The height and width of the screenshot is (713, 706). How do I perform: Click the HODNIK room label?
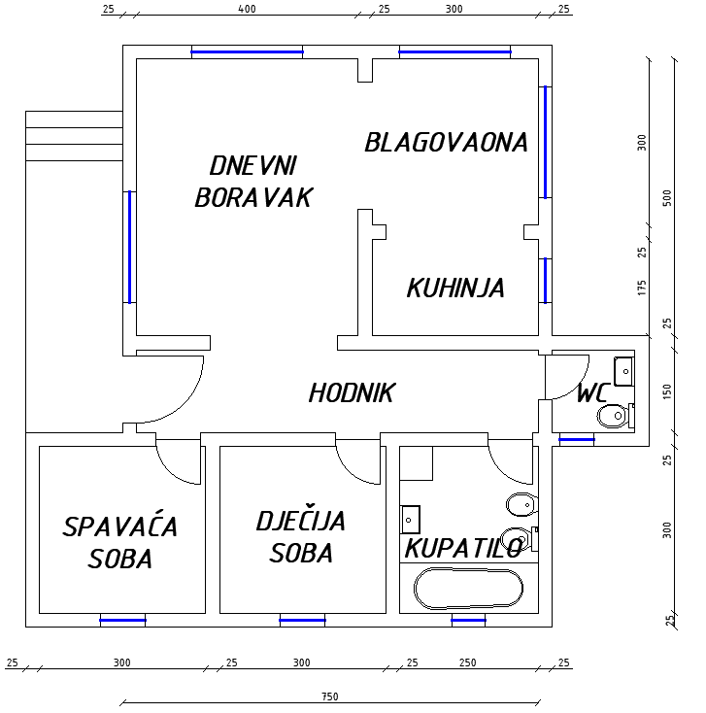[x=352, y=392]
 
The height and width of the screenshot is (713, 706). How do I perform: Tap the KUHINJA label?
[x=455, y=288]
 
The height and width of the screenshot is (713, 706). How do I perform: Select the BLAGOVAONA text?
[x=446, y=143]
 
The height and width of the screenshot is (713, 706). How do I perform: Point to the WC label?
[x=592, y=392]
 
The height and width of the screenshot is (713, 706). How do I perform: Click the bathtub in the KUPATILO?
[x=468, y=589]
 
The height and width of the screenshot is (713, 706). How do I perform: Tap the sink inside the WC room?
[x=623, y=371]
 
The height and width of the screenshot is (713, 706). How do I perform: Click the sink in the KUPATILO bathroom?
[x=410, y=520]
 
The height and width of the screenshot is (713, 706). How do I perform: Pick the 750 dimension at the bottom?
[x=330, y=696]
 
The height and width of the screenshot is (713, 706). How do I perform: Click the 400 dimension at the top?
[x=247, y=9]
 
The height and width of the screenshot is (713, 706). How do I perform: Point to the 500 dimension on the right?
[x=667, y=198]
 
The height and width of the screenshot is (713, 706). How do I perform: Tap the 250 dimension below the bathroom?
[x=467, y=662]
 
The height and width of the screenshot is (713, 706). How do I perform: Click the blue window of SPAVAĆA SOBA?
[x=122, y=621]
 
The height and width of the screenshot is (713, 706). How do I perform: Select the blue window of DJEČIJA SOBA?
[x=302, y=621]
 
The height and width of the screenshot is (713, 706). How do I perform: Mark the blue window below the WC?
[x=577, y=440]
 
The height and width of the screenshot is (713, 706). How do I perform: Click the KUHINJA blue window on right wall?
[x=546, y=281]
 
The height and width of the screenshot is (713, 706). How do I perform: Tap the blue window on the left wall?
[x=129, y=247]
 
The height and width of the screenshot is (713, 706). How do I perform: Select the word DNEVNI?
[x=252, y=165]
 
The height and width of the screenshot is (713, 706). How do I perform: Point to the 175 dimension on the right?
[x=642, y=288]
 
